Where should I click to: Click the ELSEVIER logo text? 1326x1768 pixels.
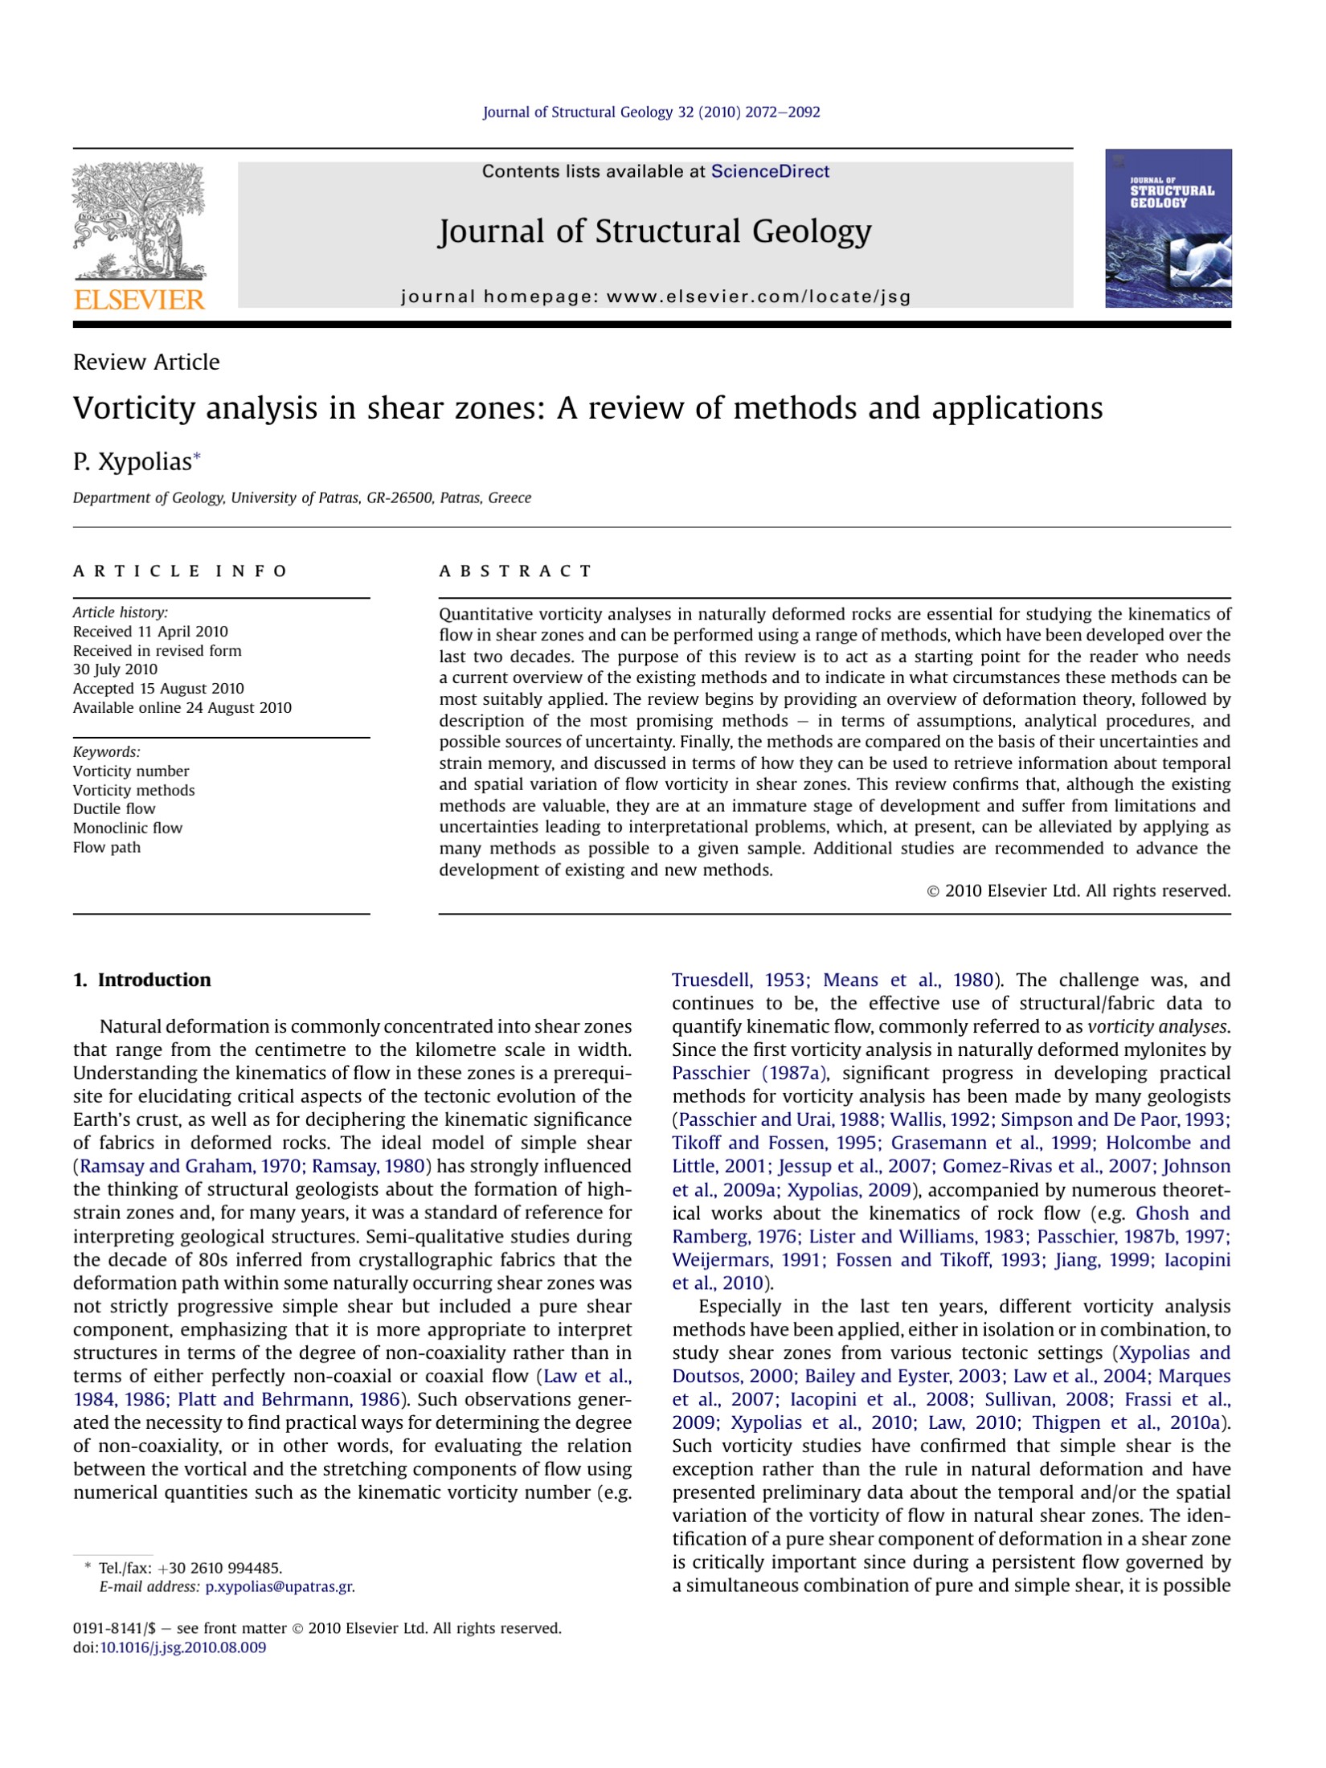pyautogui.click(x=139, y=300)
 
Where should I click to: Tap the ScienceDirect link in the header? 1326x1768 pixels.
pyautogui.click(x=770, y=171)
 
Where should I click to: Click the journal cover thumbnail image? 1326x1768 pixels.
pyautogui.click(x=1168, y=228)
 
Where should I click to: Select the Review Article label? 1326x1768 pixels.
pyautogui.click(x=146, y=362)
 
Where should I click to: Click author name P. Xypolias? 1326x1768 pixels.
pyautogui.click(x=133, y=462)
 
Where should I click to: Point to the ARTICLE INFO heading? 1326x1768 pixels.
pyautogui.click(x=180, y=571)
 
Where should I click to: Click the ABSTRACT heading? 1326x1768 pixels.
pyautogui.click(x=515, y=571)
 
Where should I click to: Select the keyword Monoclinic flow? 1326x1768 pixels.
pyautogui.click(x=128, y=828)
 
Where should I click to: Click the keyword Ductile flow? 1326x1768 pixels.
pyautogui.click(x=114, y=808)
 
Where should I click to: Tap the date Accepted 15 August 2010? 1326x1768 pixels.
pyautogui.click(x=158, y=689)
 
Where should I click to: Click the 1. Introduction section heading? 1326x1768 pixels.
pyautogui.click(x=142, y=980)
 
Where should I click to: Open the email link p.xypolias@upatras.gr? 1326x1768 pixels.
pyautogui.click(x=280, y=1586)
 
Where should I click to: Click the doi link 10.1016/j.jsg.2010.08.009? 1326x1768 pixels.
pyautogui.click(x=182, y=1647)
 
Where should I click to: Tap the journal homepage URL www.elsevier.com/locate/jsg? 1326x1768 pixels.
pyautogui.click(x=759, y=297)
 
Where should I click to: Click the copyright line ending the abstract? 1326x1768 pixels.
pyautogui.click(x=1078, y=890)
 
